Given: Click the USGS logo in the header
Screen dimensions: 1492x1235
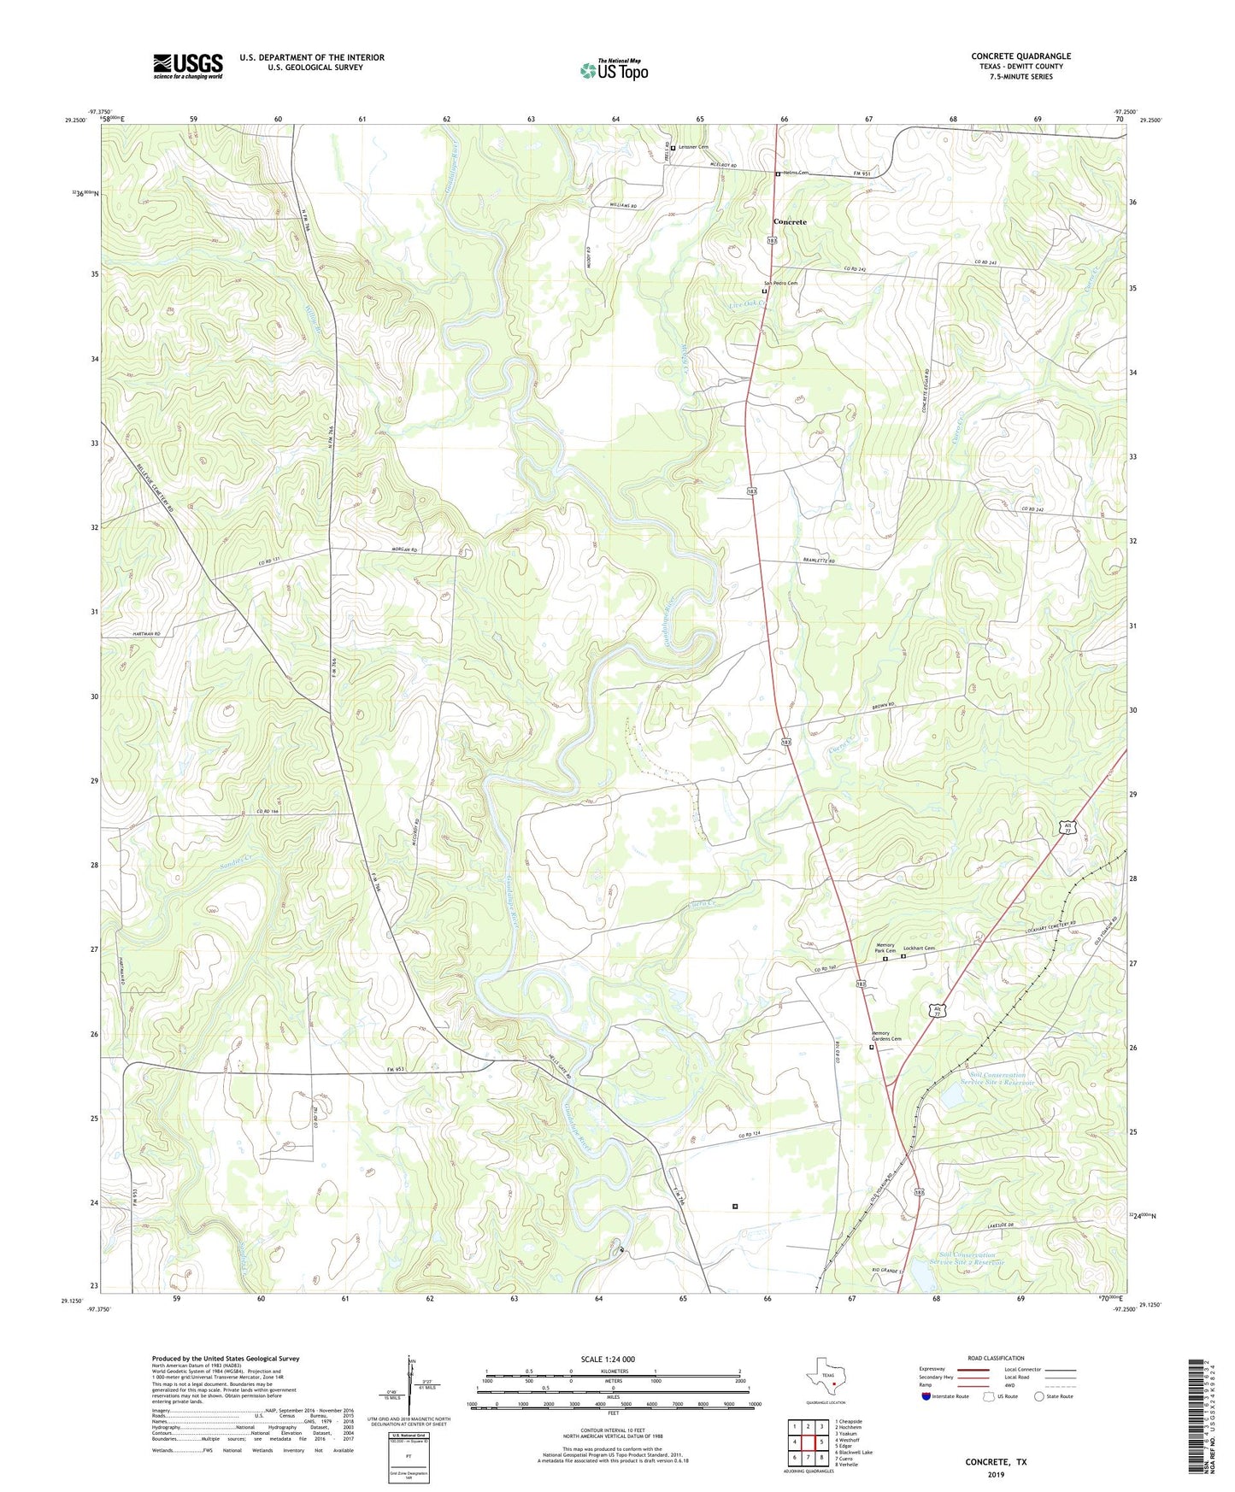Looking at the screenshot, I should point(188,66).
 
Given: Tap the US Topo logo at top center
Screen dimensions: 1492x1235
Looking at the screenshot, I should point(614,69).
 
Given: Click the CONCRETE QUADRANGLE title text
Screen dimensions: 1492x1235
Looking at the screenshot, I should point(1020,56).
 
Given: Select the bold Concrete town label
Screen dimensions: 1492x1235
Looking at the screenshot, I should point(789,221).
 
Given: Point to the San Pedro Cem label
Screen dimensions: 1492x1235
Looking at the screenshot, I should point(779,284).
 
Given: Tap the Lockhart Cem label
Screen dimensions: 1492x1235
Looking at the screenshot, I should point(919,949).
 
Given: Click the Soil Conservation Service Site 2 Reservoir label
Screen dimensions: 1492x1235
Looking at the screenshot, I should point(1002,1078).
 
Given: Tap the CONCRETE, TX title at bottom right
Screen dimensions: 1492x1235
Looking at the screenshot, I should point(996,1461).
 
